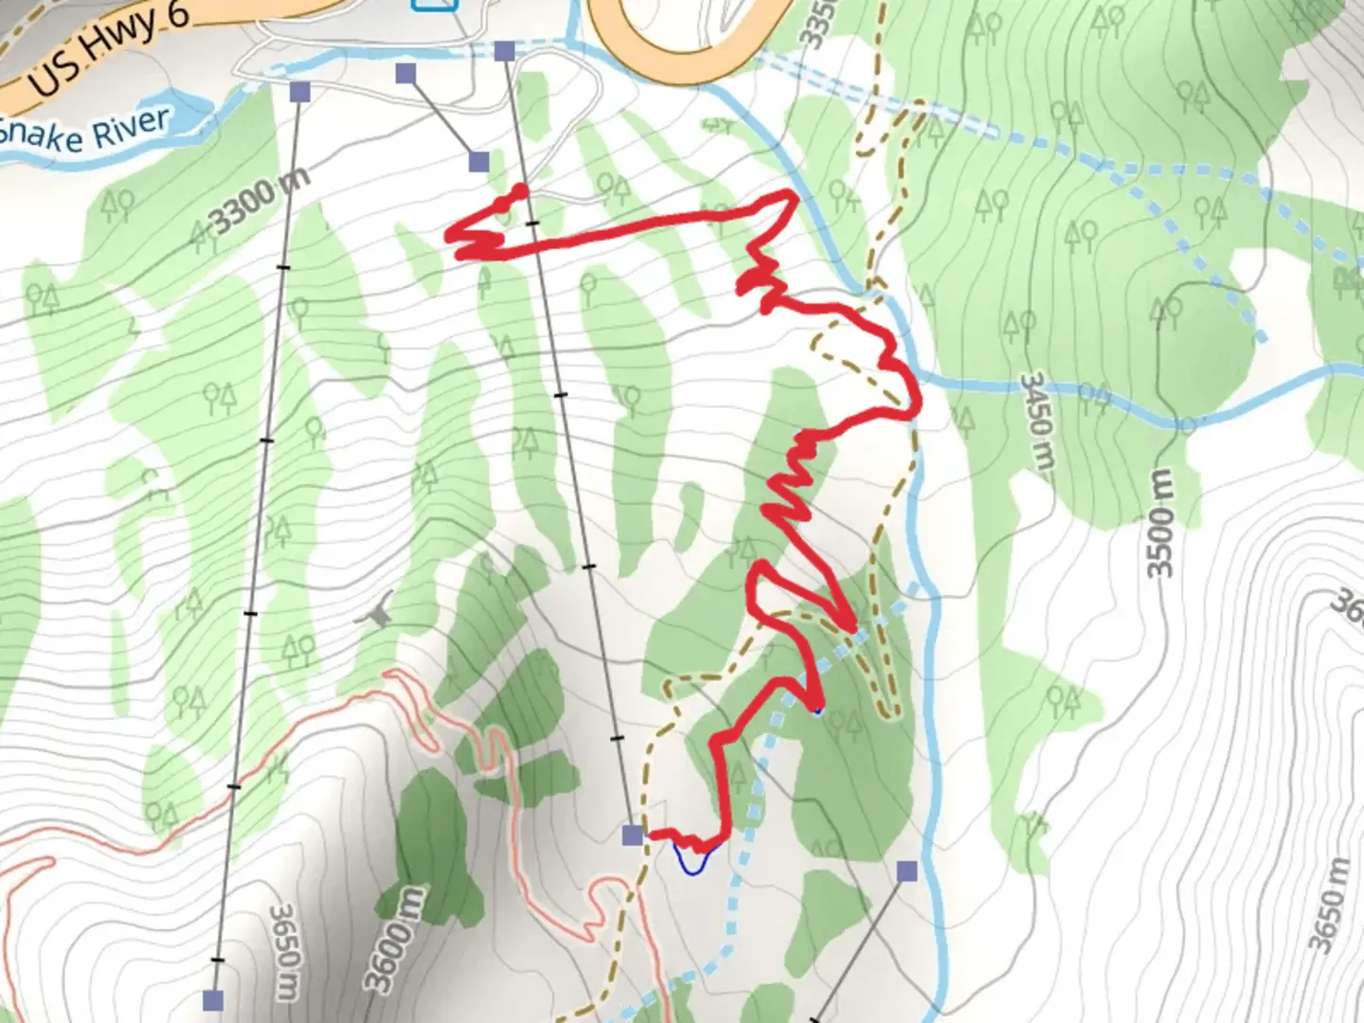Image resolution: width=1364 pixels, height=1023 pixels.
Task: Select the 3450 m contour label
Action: click(1037, 422)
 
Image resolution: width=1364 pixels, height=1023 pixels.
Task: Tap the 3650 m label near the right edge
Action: click(1328, 905)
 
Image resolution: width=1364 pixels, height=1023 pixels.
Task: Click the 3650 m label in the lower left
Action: click(283, 952)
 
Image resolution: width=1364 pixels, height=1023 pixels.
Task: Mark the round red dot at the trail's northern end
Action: click(520, 191)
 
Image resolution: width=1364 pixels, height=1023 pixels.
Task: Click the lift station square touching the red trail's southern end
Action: click(633, 835)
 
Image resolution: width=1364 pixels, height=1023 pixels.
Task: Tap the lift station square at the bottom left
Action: click(214, 999)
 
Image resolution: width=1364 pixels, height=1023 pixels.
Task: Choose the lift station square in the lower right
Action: click(907, 871)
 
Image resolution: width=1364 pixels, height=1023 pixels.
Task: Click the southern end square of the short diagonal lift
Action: click(479, 162)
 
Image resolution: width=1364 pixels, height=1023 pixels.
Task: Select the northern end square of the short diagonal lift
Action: click(406, 74)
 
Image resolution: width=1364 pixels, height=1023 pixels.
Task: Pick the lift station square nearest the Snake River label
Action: click(300, 92)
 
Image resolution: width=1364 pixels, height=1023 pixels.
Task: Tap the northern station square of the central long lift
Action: click(505, 51)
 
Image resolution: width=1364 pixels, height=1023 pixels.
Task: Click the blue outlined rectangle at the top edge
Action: click(435, 5)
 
